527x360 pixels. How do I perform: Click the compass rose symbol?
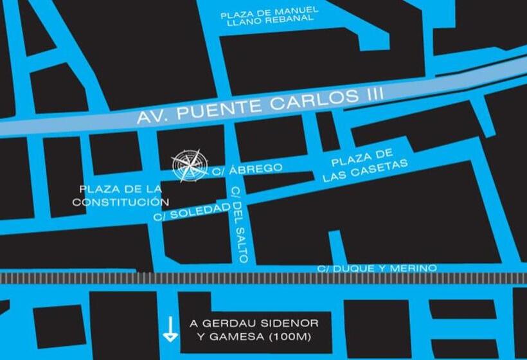tap(190, 165)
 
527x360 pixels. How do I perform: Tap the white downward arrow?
tap(170, 328)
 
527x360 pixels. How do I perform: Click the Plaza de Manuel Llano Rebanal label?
tap(269, 15)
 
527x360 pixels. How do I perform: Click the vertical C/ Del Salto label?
tap(239, 224)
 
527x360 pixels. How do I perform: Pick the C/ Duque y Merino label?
tap(377, 267)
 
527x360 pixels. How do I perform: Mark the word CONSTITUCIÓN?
tap(116, 202)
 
